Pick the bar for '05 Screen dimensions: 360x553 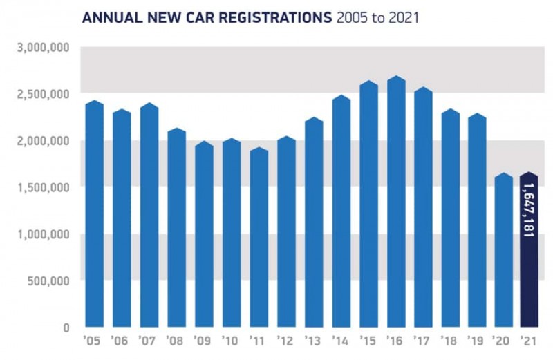click(x=94, y=214)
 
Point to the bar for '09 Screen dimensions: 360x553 click(x=204, y=234)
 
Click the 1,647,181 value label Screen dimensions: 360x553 click(x=529, y=211)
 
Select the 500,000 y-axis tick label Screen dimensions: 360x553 click(x=50, y=281)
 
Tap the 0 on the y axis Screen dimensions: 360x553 click(x=66, y=328)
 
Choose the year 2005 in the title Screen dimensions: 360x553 click(x=351, y=17)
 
